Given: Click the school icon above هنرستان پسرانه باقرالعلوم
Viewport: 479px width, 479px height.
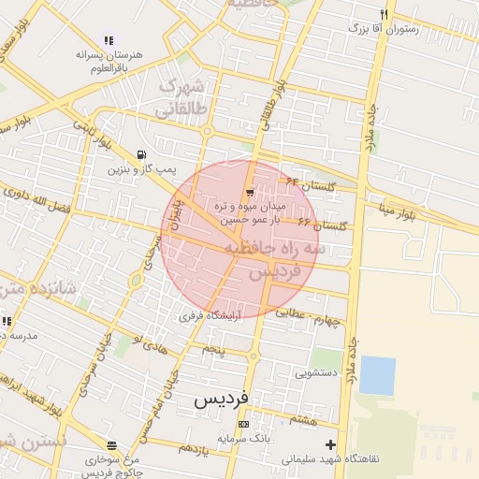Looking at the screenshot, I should click(x=109, y=40).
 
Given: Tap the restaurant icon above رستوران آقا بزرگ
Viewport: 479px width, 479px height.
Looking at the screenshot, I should click(x=385, y=13).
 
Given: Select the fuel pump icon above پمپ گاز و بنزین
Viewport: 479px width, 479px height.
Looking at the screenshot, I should click(x=140, y=154).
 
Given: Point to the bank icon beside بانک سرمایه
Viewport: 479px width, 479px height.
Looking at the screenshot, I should click(x=244, y=424).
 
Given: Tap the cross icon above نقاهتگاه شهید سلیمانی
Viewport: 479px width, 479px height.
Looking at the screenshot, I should click(x=329, y=444).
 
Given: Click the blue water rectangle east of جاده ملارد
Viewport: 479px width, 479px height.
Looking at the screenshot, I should click(x=378, y=375).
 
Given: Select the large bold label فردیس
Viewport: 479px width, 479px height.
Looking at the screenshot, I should click(x=222, y=399).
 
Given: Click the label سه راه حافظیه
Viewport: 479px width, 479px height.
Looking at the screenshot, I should click(x=276, y=249).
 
